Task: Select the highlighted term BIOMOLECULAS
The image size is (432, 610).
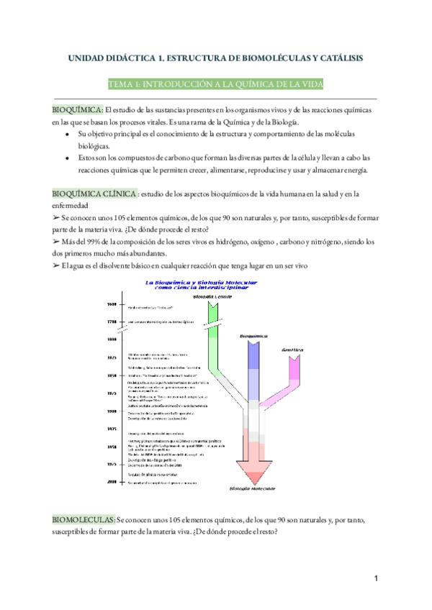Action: (x=84, y=519)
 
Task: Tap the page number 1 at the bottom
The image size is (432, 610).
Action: (x=376, y=579)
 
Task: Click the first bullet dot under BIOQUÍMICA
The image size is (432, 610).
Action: (x=68, y=134)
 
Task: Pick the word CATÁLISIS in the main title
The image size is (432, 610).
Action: (x=338, y=57)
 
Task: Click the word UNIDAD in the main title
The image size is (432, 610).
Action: (x=85, y=57)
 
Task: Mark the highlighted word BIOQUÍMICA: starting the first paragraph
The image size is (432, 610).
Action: (x=77, y=110)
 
